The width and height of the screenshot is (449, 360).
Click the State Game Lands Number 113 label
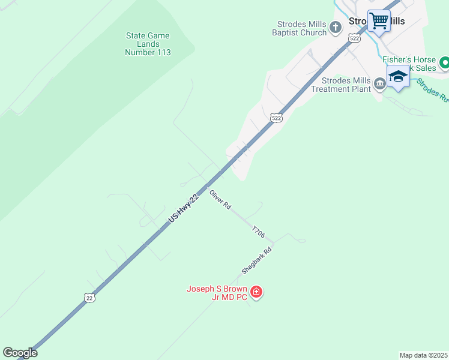148,44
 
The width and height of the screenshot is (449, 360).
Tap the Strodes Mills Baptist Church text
301,28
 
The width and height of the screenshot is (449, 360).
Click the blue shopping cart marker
379,22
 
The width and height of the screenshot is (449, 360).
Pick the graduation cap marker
397,77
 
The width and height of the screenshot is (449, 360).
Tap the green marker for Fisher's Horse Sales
444,62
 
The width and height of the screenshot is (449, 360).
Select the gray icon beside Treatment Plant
379,84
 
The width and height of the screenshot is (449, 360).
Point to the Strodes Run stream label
432,91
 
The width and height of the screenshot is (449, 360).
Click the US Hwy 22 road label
182,209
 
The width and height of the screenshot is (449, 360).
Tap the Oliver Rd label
220,199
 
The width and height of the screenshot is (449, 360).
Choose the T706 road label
258,232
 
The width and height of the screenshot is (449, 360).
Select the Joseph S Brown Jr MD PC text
217,293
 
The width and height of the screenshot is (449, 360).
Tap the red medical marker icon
256,292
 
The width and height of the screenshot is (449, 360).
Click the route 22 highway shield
89,297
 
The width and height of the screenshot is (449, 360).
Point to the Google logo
20,353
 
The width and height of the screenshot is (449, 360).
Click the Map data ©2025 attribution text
423,355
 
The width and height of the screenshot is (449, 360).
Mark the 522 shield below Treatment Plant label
276,118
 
